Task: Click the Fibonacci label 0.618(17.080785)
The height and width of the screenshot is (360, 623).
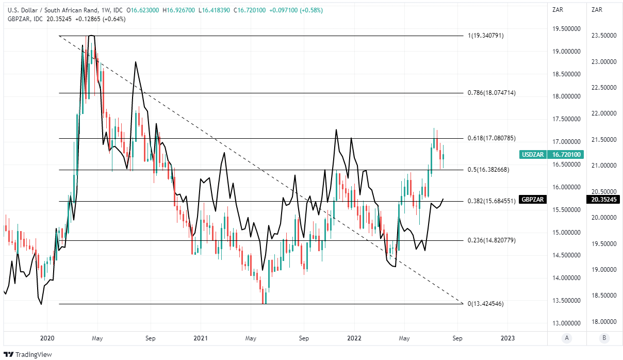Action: click(x=491, y=138)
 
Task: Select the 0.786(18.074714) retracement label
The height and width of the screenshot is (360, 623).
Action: click(x=491, y=93)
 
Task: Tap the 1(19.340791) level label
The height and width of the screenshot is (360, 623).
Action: click(x=485, y=36)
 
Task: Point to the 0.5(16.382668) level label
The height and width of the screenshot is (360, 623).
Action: click(x=489, y=169)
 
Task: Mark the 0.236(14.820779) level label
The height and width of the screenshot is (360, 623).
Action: click(x=491, y=240)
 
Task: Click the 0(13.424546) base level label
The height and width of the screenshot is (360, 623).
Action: click(x=485, y=304)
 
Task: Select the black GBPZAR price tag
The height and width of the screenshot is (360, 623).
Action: click(x=533, y=199)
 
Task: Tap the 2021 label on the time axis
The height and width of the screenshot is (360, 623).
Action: click(x=201, y=338)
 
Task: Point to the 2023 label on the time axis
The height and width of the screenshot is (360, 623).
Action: click(x=508, y=338)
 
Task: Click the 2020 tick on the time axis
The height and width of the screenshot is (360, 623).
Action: click(x=47, y=338)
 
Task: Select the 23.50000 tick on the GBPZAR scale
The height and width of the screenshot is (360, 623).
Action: click(x=604, y=36)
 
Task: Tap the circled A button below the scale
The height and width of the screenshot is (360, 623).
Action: click(x=567, y=338)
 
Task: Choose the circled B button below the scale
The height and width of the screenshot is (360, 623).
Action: click(x=603, y=338)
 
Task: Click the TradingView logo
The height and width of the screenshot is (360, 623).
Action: click(x=29, y=354)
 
